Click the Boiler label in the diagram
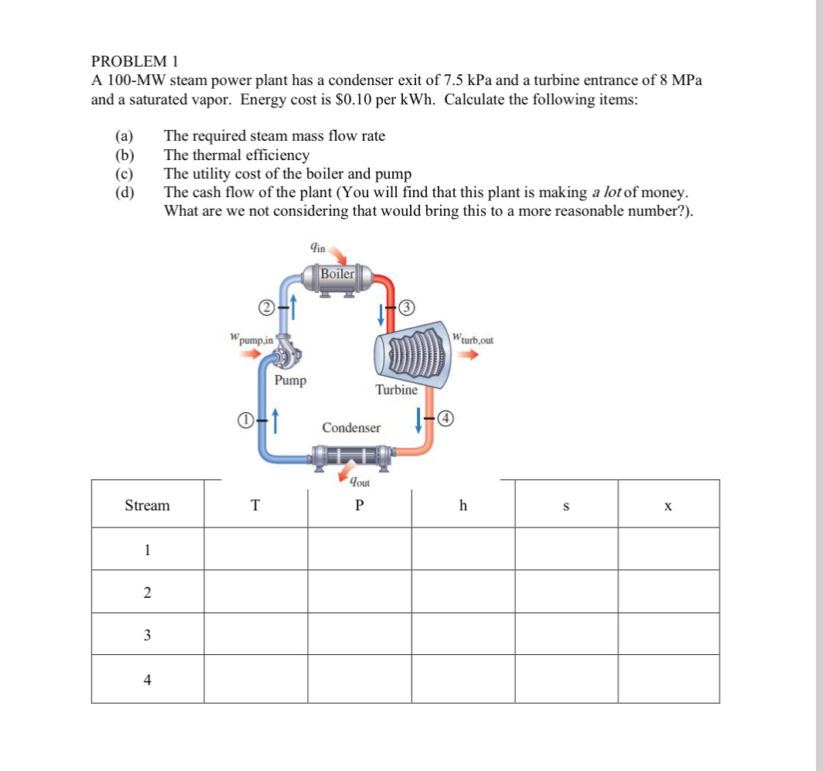[337, 274]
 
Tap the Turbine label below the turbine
[396, 390]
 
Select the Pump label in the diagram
[290, 380]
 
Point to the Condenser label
[351, 428]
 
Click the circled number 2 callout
[265, 308]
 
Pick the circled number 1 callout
[244, 420]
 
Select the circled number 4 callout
[445, 420]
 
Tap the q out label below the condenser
[360, 483]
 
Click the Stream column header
[147, 505]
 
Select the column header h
[463, 505]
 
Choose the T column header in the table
[255, 506]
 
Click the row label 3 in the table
[147, 636]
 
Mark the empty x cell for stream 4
[668, 680]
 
